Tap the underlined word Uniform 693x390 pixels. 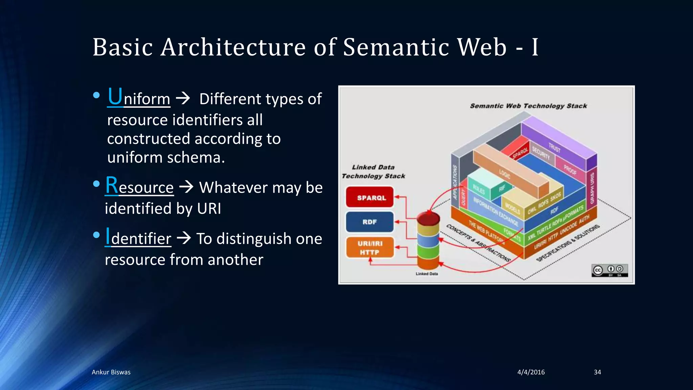pos(139,98)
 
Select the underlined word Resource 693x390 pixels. pos(139,187)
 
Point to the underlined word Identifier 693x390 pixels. pos(138,238)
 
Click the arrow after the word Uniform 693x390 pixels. pos(183,99)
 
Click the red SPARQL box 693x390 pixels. pos(370,197)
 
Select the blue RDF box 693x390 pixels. pos(370,222)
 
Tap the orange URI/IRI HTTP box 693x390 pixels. pos(370,247)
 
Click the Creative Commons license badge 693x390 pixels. pos(609,270)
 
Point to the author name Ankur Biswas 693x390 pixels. pos(111,372)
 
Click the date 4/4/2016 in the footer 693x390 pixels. pos(531,372)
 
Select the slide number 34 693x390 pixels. pos(597,372)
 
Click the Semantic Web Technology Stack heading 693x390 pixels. pos(528,106)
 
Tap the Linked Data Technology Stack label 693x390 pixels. pos(373,172)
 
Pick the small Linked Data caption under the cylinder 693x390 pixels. pos(427,274)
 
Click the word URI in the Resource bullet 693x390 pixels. pos(209,209)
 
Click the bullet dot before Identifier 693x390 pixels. pos(96,235)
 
